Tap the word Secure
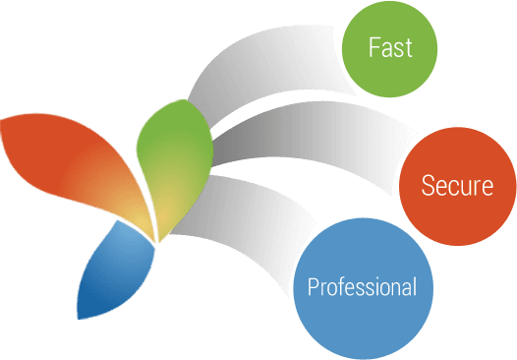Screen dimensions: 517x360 (457, 185)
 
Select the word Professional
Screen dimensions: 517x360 (362, 288)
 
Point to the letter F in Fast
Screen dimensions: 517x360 (373, 47)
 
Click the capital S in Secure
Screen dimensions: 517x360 (428, 185)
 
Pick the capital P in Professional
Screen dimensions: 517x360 (313, 287)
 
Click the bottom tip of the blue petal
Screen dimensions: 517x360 (81, 317)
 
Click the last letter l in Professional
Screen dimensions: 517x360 (414, 287)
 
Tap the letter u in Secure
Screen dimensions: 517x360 (466, 187)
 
